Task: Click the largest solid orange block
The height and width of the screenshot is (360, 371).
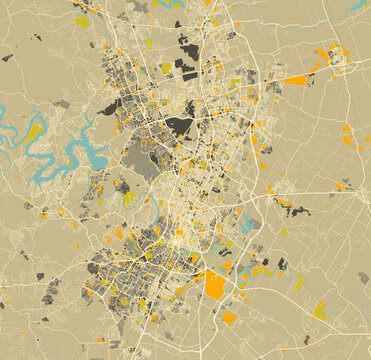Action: [x=215, y=286]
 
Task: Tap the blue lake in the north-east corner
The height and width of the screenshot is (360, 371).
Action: [x=357, y=6]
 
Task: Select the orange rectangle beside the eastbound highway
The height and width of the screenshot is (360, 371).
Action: [x=296, y=80]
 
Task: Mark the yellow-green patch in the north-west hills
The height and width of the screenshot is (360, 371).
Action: [x=82, y=21]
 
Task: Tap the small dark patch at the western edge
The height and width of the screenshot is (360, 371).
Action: [x=7, y=58]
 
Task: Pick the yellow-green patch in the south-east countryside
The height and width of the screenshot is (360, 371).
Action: [x=319, y=312]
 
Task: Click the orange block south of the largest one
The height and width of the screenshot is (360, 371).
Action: [x=230, y=319]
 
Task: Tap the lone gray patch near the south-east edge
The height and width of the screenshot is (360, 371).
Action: [x=363, y=278]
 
